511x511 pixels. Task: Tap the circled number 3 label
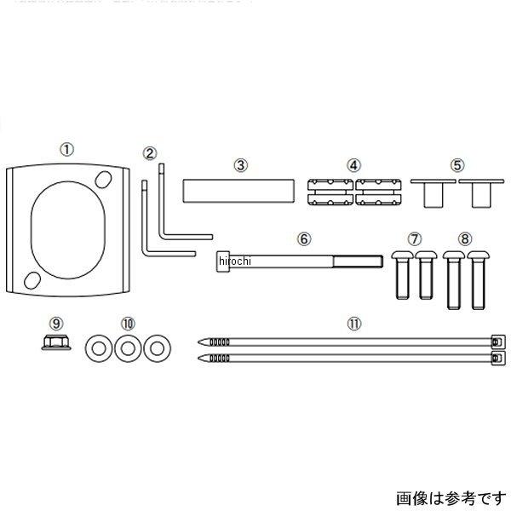tap(241, 164)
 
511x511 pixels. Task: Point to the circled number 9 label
tap(56, 324)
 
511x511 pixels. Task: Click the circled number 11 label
tap(353, 324)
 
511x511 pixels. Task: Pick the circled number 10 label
tap(128, 324)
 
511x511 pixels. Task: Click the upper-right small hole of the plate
tap(105, 180)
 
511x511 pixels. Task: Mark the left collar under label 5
tap(430, 192)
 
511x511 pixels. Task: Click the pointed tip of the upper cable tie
tap(202, 340)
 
